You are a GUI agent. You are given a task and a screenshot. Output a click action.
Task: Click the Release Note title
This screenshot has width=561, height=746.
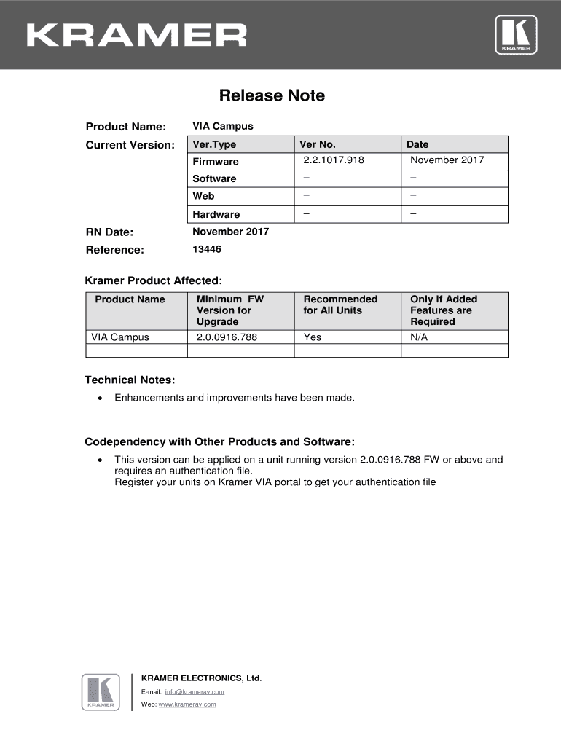pos(272,95)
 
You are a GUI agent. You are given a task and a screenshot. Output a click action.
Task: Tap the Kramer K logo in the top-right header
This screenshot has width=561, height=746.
pos(516,34)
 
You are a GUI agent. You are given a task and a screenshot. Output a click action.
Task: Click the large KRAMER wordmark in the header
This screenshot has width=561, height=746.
pos(137,35)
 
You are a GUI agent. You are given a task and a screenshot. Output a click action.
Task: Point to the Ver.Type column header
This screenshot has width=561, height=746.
pos(214,144)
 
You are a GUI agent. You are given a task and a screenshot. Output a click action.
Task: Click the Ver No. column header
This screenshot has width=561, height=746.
pos(318,144)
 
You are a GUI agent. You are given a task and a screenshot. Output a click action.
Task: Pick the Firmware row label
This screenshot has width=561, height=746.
pos(215,161)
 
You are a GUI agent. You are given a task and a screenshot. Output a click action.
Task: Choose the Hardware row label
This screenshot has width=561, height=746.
pos(216,214)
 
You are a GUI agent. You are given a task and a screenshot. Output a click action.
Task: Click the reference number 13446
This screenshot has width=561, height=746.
pos(207,249)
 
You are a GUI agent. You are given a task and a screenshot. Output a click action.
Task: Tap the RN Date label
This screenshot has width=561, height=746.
pos(109,232)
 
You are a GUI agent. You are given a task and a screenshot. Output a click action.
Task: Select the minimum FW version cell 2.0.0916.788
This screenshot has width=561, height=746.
pos(227,337)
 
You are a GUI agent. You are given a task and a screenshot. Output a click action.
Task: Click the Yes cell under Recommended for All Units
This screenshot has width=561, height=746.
pos(312,337)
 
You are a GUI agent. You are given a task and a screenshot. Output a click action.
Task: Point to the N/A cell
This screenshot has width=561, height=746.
pos(420,337)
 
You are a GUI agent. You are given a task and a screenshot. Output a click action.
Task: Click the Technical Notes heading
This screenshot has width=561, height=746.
pos(130,380)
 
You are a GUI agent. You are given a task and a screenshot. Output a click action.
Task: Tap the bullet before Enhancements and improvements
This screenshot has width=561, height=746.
pos(99,398)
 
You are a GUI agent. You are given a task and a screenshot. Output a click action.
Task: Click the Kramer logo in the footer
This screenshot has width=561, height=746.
pos(101,691)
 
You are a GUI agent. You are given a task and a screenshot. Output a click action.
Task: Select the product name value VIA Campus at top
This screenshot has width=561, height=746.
pos(223,126)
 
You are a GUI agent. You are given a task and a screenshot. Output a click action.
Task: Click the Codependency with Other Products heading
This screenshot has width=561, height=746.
pos(219,441)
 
